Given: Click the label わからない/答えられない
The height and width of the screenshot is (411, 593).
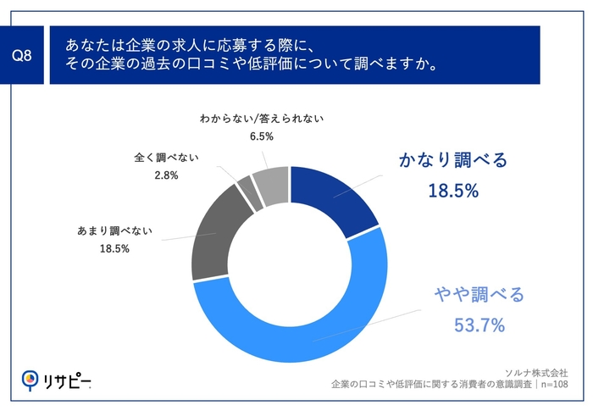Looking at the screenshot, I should (263, 119).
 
